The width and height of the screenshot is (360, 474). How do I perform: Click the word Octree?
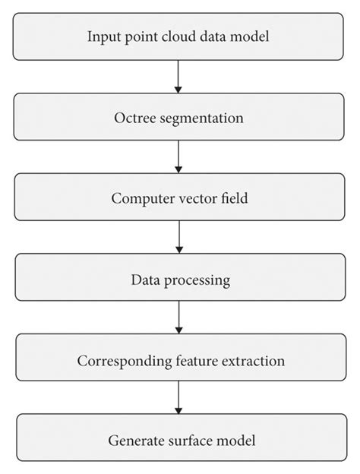pos(134,118)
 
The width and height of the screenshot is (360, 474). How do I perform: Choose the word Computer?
pos(142,199)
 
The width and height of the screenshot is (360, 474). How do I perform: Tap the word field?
pos(234,199)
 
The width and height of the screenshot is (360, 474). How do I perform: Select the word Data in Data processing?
pos(144,280)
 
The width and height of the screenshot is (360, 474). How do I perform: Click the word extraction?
pos(255,360)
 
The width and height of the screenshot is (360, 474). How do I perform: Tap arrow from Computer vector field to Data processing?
pos(179,239)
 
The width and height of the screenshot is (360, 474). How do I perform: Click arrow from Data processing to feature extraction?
pos(179,318)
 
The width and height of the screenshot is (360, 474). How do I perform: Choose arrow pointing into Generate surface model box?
pos(179,398)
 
